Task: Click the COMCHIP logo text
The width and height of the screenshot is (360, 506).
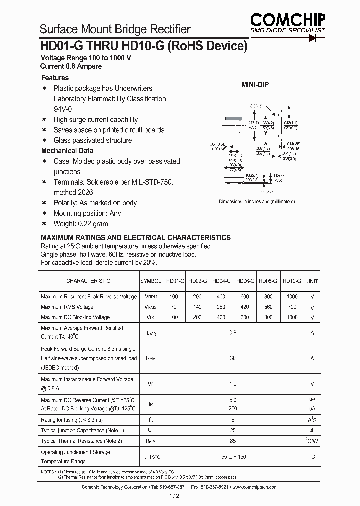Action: coord(288,19)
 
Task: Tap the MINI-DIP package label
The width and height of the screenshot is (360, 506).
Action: coord(255,85)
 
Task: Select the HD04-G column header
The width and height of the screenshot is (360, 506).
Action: coord(221,281)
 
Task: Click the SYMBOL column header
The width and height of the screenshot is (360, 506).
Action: coord(151,281)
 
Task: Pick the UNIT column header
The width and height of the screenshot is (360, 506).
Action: coord(312,281)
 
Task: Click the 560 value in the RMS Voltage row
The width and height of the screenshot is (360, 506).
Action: coord(269,307)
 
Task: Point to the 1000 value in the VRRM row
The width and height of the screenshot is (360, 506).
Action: coord(292,296)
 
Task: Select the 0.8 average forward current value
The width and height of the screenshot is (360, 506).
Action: coord(233,333)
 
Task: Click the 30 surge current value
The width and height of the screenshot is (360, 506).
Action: coord(233,358)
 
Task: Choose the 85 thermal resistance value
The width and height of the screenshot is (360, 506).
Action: coord(233,441)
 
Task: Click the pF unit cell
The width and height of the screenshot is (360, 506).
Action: coord(312,430)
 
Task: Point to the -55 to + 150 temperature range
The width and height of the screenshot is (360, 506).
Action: coord(233,457)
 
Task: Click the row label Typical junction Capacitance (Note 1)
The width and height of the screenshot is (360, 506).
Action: coord(82,430)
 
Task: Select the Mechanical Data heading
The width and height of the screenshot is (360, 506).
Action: coord(67,151)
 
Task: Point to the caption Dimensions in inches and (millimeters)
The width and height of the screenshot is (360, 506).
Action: coord(257,202)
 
